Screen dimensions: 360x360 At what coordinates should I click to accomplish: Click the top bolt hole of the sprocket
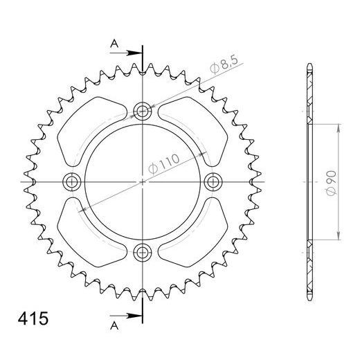[143, 110]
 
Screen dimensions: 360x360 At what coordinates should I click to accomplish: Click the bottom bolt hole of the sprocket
[143, 251]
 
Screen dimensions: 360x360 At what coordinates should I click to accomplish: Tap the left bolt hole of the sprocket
[72, 181]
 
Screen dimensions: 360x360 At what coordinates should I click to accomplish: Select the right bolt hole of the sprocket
[213, 181]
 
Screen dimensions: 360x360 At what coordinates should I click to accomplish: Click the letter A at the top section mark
[115, 44]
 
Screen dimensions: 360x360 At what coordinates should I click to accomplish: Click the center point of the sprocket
[143, 181]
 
